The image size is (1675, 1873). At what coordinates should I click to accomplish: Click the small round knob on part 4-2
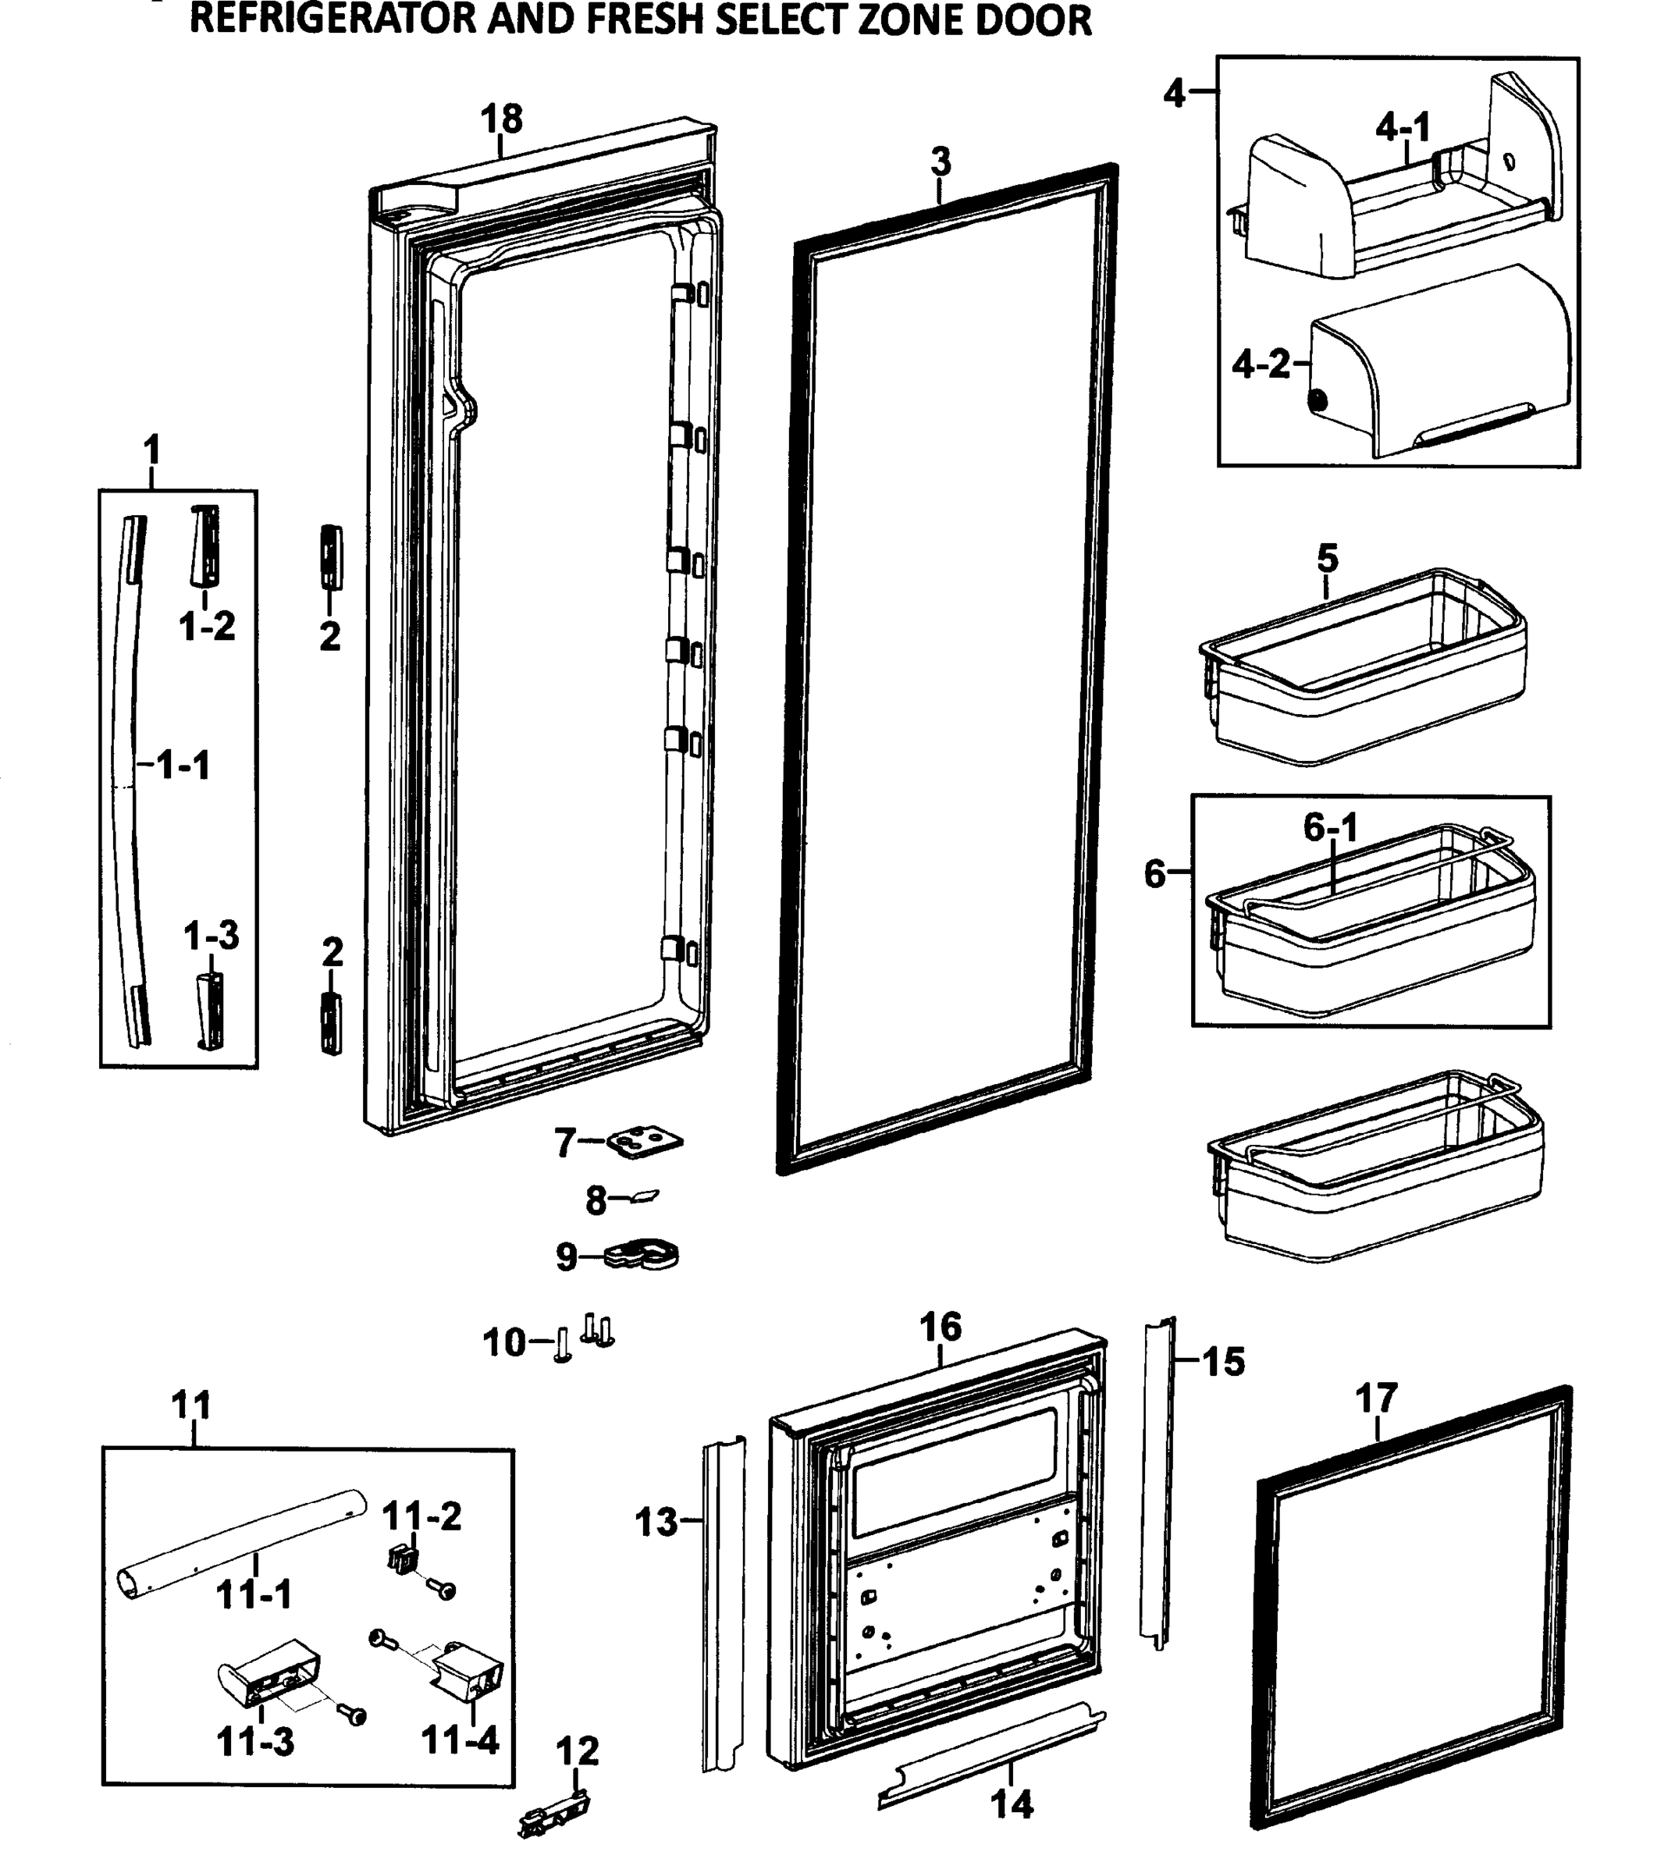[x=1318, y=401]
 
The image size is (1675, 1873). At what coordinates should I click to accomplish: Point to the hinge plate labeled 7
[x=646, y=1143]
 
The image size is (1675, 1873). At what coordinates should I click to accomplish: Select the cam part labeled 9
[x=643, y=1254]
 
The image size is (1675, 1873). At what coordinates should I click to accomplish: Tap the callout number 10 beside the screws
[x=504, y=1343]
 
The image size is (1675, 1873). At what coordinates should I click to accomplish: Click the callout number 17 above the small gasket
[x=1376, y=1399]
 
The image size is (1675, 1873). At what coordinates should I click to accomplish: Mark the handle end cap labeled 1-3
[x=208, y=1010]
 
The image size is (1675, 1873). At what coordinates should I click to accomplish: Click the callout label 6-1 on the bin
[x=1331, y=828]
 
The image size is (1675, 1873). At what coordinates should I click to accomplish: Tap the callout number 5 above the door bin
[x=1327, y=558]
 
